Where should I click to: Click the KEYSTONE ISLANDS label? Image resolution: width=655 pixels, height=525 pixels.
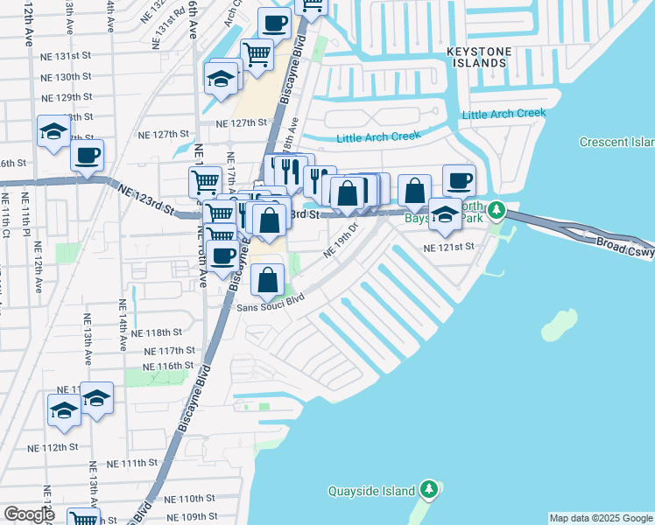point(477,57)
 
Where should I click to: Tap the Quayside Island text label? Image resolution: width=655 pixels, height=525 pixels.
point(371,492)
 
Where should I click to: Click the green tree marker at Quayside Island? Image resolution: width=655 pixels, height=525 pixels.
point(428,489)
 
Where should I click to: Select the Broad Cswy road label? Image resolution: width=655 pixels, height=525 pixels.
point(624,245)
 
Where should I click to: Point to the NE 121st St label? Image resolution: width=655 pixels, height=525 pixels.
point(447,248)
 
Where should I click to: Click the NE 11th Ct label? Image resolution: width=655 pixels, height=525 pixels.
point(6,230)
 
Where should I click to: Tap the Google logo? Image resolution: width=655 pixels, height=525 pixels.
point(29,514)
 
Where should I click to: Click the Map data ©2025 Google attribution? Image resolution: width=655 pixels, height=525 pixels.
point(601,518)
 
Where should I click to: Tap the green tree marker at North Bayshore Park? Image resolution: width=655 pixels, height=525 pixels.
point(497,210)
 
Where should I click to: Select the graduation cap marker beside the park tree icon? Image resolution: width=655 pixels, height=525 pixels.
point(445,213)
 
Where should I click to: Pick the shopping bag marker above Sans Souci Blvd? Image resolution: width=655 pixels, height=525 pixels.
point(268,280)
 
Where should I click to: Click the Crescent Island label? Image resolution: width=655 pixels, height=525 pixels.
point(616,142)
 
